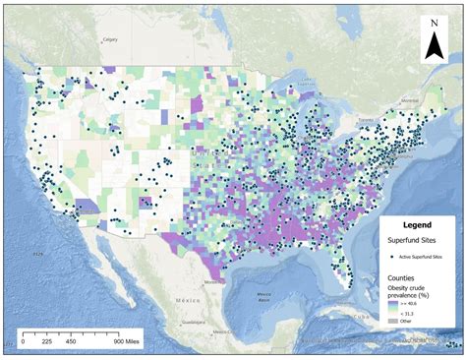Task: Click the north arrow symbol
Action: [x=433, y=45]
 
